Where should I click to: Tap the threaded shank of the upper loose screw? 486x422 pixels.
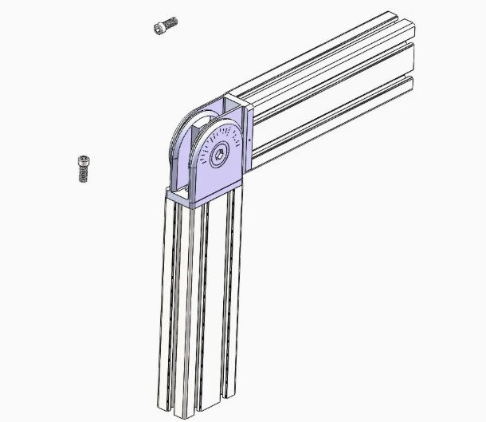point(170,22)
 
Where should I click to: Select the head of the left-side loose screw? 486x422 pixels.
point(82,163)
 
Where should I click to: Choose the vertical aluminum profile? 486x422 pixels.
point(199,303)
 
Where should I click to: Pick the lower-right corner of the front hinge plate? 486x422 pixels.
point(239,182)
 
